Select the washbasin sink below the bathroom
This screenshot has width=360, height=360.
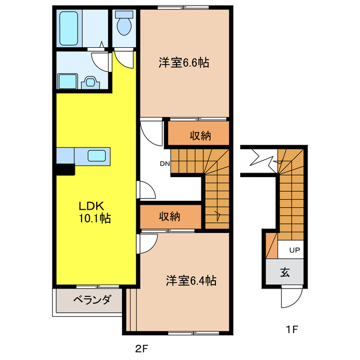pos(90,83)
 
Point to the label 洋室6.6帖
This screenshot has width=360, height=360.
pos(183,63)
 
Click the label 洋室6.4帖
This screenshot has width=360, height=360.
pos(191,280)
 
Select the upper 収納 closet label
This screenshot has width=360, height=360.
pos(200,135)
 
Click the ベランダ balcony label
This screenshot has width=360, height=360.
pos(88,299)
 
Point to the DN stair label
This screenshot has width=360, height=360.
pos(164,164)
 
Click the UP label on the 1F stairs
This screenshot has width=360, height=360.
pos(294,249)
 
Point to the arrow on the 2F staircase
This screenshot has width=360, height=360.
pos(218,214)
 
